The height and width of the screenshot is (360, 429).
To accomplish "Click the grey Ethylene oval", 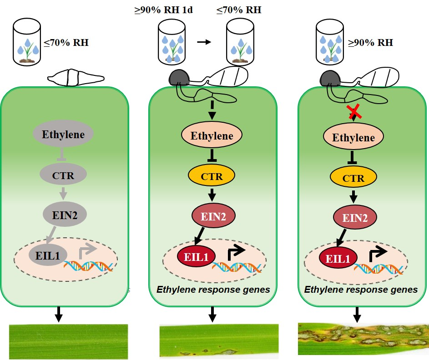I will click(63, 135).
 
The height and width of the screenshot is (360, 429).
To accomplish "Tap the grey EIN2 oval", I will click(63, 213).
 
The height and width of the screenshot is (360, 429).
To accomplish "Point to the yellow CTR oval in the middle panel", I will click(212, 176).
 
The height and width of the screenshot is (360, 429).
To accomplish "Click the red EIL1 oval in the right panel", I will click(338, 259).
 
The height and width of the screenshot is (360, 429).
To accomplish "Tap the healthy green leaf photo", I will click(69, 341).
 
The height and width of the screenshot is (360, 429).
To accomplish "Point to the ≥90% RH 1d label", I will click(163, 9).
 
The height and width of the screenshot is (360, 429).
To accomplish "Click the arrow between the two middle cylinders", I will click(204, 42).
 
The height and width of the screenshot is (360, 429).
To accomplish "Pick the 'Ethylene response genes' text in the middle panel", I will click(213, 289).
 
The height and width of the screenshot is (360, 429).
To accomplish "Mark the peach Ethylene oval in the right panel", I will click(353, 137).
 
